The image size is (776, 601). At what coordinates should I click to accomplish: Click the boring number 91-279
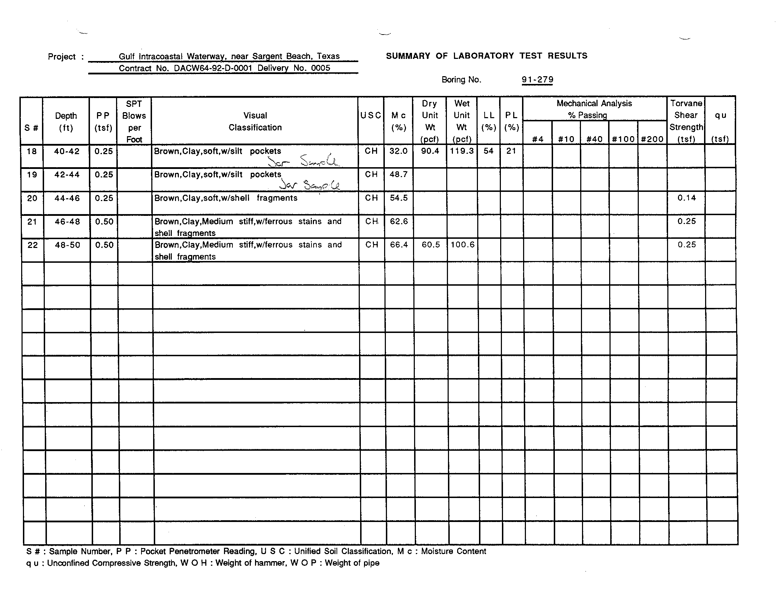537,80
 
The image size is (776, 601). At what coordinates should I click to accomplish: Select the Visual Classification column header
255,121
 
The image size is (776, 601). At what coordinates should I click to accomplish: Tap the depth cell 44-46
67,198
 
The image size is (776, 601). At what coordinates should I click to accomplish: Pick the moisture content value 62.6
399,221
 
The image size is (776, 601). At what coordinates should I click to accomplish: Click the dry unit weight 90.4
430,151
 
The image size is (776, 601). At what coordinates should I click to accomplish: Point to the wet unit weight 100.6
462,245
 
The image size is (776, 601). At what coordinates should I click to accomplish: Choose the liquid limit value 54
489,151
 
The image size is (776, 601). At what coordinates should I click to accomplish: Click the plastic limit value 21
511,151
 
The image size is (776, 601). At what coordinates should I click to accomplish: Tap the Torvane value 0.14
686,198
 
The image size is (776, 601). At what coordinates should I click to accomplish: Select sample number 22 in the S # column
32,245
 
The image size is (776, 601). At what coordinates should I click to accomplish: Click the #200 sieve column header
652,139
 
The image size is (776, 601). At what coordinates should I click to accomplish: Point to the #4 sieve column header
538,139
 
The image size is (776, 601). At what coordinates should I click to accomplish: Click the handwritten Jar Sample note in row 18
303,161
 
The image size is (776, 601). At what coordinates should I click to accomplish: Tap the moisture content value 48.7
399,174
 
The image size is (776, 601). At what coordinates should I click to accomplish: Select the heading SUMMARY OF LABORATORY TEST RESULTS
486,56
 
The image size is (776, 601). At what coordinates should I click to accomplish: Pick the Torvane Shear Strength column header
686,121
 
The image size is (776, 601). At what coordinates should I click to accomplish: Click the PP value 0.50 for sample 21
104,221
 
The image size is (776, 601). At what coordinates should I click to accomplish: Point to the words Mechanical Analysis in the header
594,103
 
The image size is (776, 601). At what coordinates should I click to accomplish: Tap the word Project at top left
62,57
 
